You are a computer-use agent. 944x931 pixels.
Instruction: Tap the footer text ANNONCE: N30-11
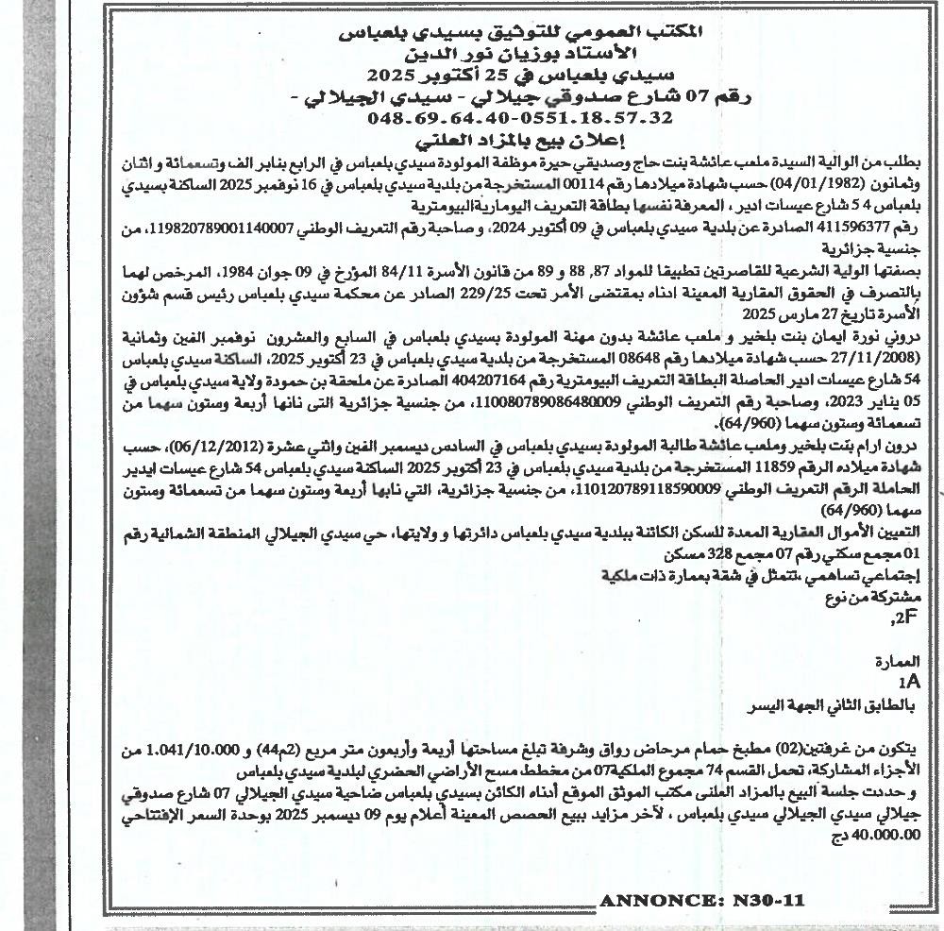point(701,901)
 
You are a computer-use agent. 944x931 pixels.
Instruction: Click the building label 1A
point(908,680)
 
